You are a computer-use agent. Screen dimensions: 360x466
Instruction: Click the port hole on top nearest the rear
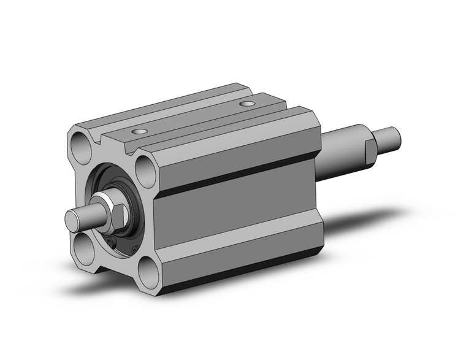(x=247, y=104)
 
